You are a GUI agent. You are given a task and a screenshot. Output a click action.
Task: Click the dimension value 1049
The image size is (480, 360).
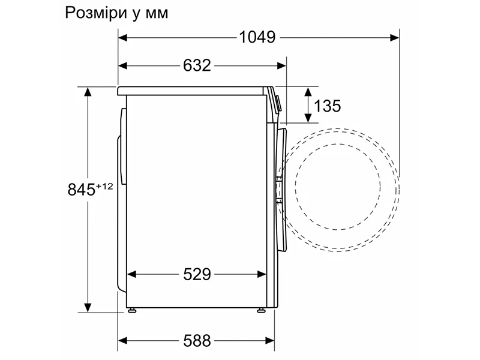[x=257, y=37]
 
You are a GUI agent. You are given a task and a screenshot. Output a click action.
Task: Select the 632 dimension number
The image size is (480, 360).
[x=197, y=65]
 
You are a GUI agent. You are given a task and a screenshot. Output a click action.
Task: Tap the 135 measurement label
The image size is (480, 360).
[x=327, y=106]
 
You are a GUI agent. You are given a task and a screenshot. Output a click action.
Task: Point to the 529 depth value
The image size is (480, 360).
[x=197, y=274]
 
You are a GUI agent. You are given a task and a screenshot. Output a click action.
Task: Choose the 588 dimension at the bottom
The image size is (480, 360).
[x=197, y=340]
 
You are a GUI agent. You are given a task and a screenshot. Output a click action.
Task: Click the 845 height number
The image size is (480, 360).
[x=81, y=190]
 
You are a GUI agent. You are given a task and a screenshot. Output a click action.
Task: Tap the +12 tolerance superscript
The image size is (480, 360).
[x=104, y=186]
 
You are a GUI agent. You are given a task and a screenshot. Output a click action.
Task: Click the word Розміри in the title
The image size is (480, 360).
[x=97, y=13]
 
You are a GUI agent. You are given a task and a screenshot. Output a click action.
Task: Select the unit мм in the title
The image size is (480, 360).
[x=157, y=14]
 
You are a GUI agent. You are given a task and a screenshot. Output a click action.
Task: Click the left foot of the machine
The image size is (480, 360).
[x=132, y=310]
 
